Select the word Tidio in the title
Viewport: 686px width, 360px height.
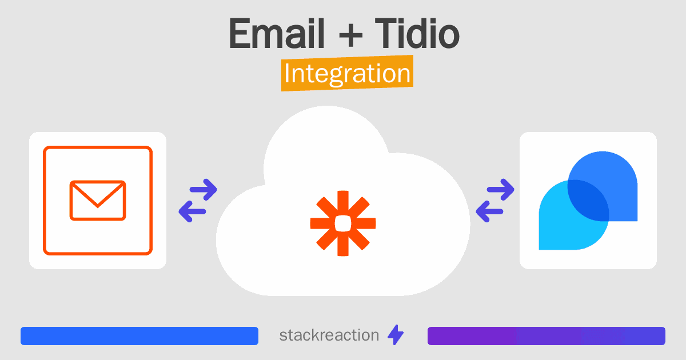click(x=417, y=34)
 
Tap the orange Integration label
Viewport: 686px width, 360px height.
click(x=347, y=74)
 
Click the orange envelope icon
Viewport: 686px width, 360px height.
click(x=98, y=200)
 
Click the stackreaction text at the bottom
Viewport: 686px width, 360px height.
click(x=329, y=335)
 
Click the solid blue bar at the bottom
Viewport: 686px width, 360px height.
click(x=139, y=336)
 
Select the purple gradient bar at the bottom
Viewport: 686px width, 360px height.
click(x=546, y=336)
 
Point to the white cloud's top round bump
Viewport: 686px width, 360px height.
click(x=326, y=143)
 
